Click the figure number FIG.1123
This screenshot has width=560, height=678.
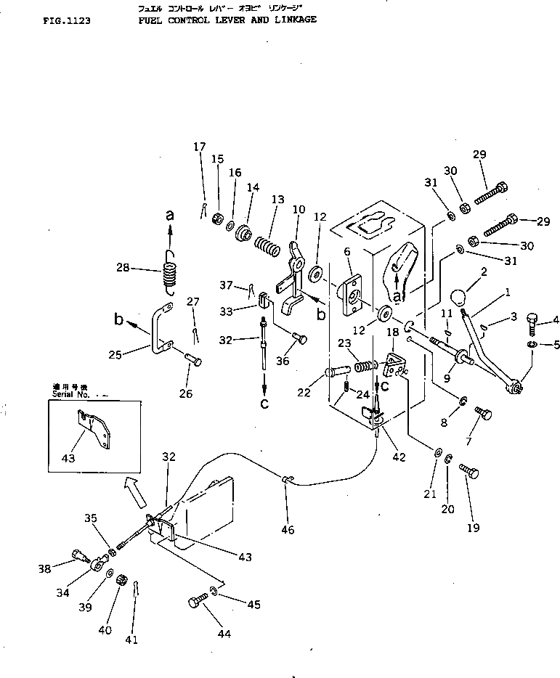point(67,21)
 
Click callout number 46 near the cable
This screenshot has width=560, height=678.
point(288,531)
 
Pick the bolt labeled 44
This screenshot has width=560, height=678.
point(197,603)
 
